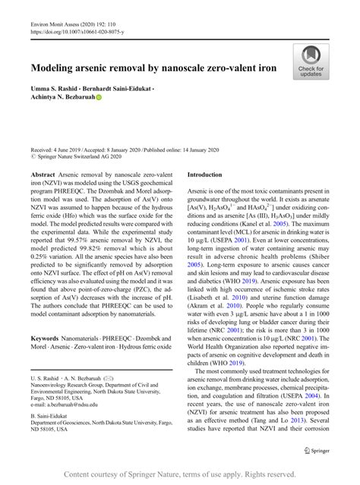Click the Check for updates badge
pyautogui.click(x=311, y=61)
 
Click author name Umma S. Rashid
pyautogui.click(x=59, y=89)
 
